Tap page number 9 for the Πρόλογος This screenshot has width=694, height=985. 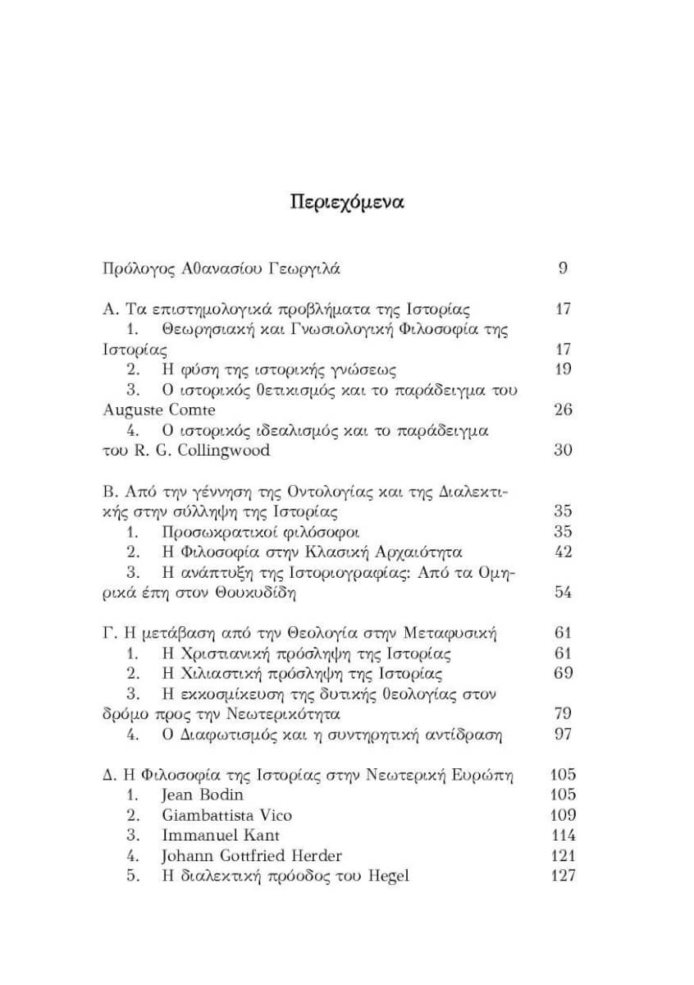click(563, 268)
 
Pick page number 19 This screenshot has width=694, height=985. click(563, 369)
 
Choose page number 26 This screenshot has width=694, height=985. click(563, 410)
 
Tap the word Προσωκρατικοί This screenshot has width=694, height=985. click(217, 531)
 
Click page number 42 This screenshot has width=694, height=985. click(563, 551)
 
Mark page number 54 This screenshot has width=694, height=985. click(563, 592)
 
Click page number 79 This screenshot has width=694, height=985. click(563, 713)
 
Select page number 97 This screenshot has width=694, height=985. click(563, 734)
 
